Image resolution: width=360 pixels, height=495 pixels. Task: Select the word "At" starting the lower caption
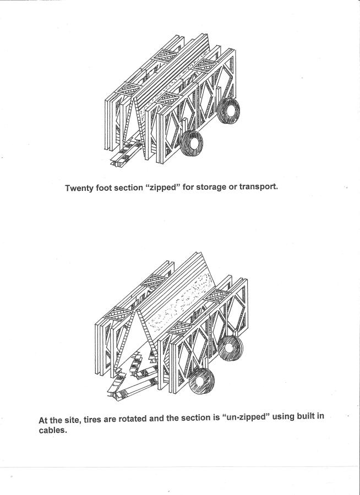43,420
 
